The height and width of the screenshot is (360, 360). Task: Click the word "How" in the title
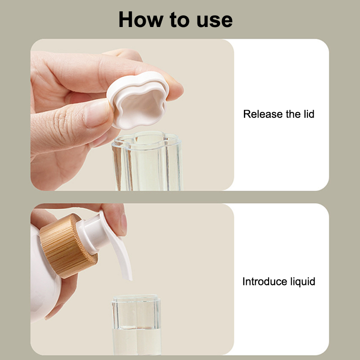[140, 19]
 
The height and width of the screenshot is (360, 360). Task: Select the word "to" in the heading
[179, 20]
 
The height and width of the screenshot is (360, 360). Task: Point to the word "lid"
[309, 114]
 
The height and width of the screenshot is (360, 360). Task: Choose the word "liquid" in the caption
[303, 282]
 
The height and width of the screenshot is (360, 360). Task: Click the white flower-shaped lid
[139, 99]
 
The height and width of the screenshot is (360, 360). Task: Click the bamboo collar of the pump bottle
[68, 246]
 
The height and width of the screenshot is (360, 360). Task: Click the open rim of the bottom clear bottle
[136, 298]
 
